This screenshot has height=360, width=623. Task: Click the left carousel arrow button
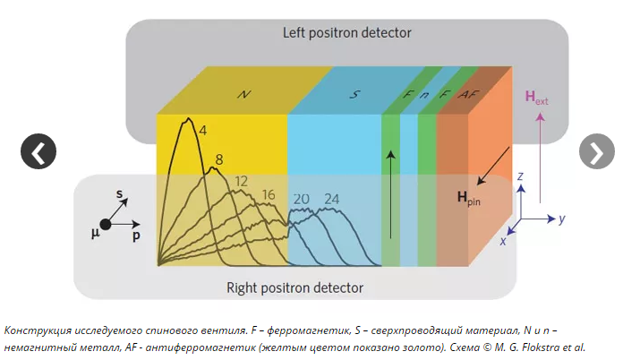38,152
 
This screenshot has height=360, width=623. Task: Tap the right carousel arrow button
597,152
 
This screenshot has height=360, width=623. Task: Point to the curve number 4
203,131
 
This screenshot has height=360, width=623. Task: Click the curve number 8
218,159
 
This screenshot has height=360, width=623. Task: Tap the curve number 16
269,195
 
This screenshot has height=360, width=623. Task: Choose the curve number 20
301,198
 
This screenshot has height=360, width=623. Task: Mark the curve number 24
332,198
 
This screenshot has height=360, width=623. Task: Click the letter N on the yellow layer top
243,93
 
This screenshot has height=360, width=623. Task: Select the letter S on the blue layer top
354,93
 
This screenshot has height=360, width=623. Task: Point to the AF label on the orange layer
465,93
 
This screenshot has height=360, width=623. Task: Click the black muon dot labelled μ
106,224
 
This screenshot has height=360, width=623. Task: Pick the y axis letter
561,219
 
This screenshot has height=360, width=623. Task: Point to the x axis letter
504,241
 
